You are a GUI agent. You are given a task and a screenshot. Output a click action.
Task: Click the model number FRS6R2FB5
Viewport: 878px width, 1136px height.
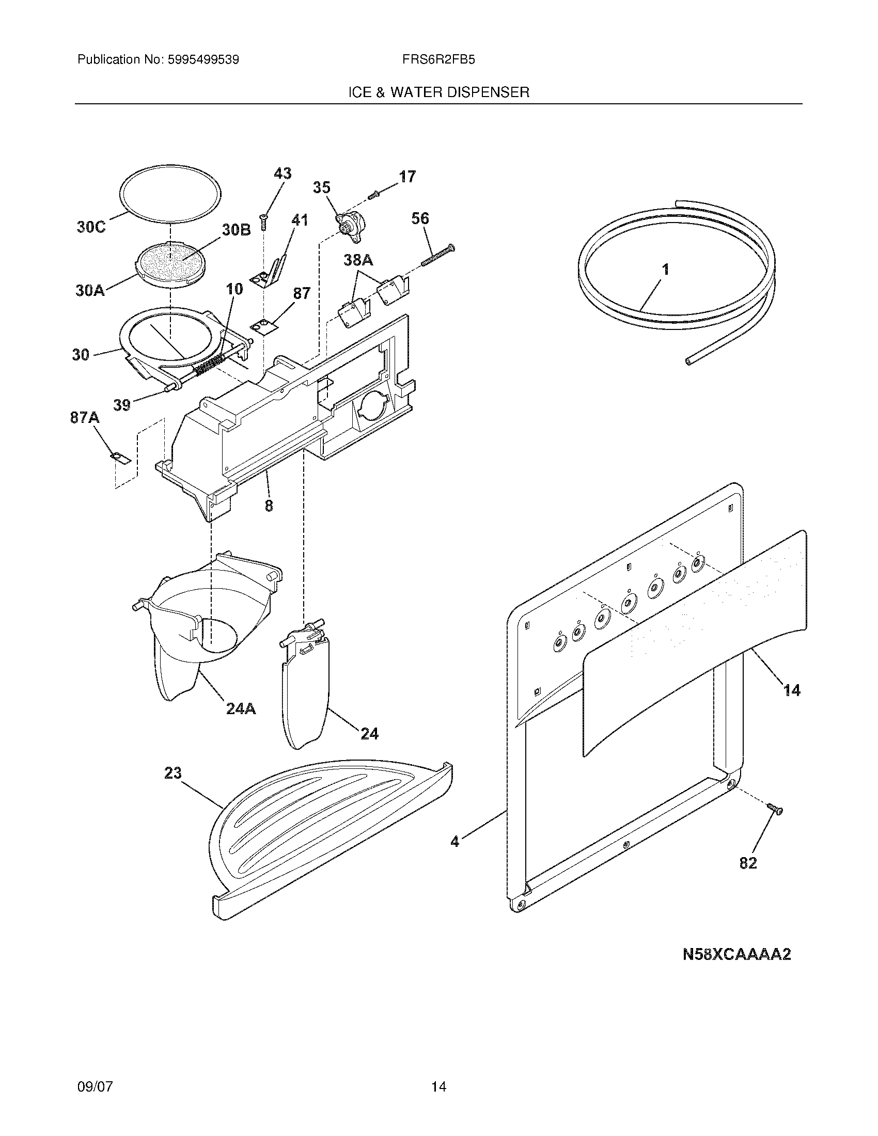point(438,60)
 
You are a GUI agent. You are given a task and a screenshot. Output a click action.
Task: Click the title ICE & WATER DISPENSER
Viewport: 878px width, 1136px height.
point(438,92)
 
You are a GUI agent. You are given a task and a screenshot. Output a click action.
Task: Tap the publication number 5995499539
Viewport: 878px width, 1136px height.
point(202,60)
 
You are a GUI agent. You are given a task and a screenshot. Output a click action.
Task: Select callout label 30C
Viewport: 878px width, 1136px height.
point(91,227)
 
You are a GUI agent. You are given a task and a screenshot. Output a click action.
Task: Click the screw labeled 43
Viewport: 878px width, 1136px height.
point(264,222)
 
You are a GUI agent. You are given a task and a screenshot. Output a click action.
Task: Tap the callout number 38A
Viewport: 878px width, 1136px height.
point(358,260)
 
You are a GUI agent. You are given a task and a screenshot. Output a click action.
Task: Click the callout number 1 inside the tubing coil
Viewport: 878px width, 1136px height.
point(665,270)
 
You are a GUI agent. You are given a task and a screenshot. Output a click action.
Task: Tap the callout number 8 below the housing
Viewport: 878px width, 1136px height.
point(269,505)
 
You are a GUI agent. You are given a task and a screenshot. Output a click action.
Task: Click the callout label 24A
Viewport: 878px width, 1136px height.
point(241,708)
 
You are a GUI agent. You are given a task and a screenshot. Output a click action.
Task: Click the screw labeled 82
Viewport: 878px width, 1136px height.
point(775,809)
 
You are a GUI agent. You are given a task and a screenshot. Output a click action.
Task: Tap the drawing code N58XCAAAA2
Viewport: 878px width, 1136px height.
point(736,954)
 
